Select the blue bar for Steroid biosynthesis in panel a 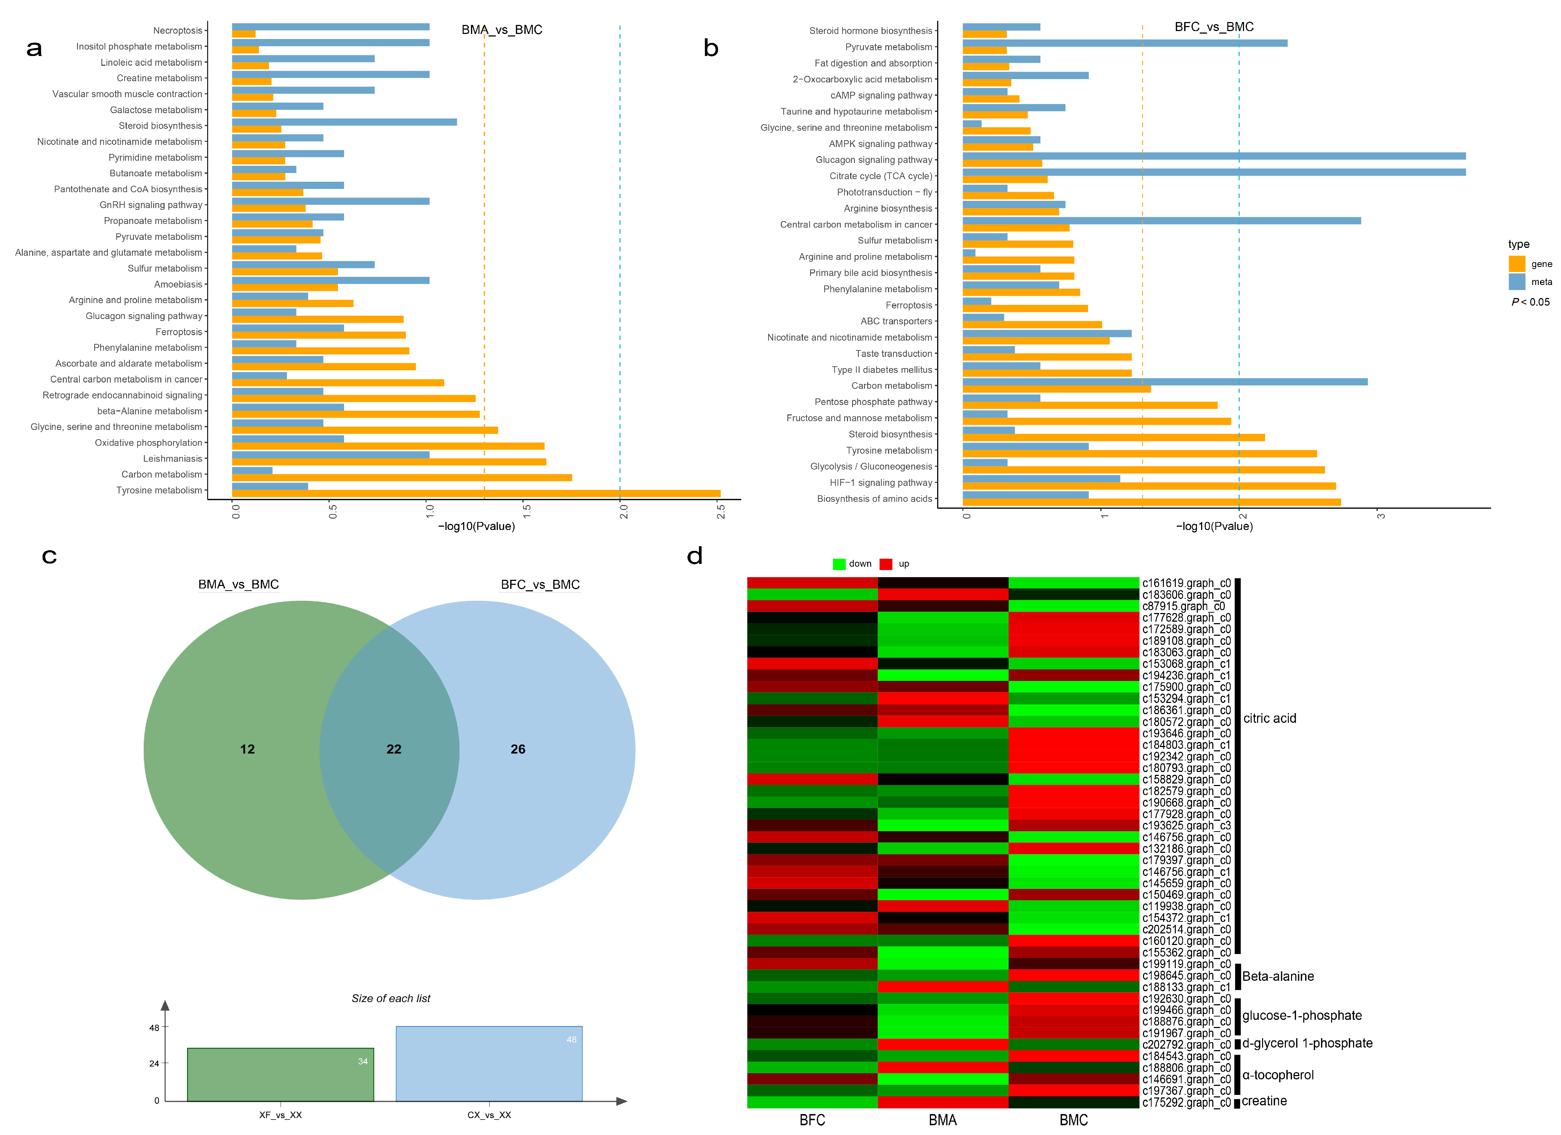[x=344, y=122]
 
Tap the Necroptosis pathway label [x=178, y=30]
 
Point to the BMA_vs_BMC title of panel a [x=502, y=30]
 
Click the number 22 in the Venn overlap [x=394, y=749]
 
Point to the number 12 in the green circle [x=247, y=749]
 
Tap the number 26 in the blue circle [x=518, y=749]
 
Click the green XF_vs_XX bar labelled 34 [x=280, y=1074]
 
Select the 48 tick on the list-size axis [x=154, y=1028]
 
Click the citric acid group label [x=1269, y=718]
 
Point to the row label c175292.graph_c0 [x=1186, y=1102]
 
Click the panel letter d [x=695, y=556]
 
